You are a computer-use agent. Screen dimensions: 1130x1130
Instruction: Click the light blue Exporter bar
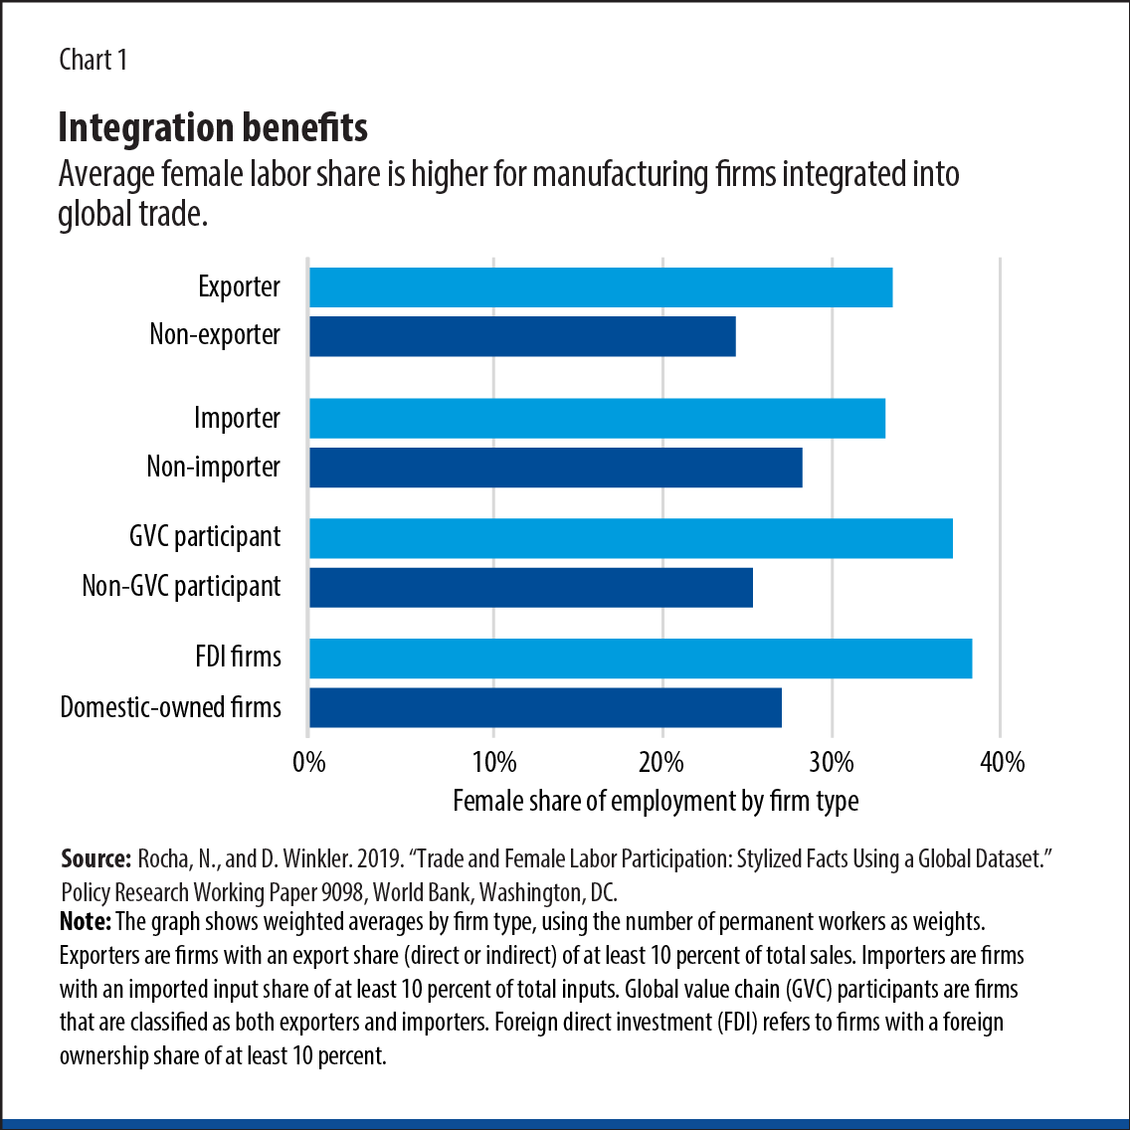[601, 287]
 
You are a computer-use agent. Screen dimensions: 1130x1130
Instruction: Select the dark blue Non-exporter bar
[522, 336]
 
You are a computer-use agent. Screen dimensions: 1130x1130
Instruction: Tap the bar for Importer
[597, 418]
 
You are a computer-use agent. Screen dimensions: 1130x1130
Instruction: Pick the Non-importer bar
[555, 468]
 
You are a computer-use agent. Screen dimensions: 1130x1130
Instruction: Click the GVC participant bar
[631, 538]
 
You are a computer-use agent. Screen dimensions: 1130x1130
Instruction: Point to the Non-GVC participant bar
[531, 587]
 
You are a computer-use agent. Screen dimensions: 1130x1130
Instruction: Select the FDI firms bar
[641, 659]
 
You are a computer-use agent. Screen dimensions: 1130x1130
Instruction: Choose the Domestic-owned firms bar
[545, 707]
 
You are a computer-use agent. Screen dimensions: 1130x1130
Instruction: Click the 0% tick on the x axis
[309, 763]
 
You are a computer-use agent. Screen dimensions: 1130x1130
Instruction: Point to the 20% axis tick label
[661, 763]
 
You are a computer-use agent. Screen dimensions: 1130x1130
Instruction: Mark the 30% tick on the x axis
[832, 763]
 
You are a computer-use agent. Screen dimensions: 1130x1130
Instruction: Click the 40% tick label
[1002, 763]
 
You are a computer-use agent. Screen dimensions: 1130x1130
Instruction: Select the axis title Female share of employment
[656, 801]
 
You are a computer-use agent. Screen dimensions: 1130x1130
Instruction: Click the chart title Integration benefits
[213, 127]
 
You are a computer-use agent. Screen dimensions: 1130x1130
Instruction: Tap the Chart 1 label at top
[93, 60]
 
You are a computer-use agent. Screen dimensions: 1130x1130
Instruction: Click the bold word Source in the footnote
[95, 859]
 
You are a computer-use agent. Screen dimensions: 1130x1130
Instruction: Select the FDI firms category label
[238, 658]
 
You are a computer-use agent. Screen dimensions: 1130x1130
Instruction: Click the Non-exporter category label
[215, 335]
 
